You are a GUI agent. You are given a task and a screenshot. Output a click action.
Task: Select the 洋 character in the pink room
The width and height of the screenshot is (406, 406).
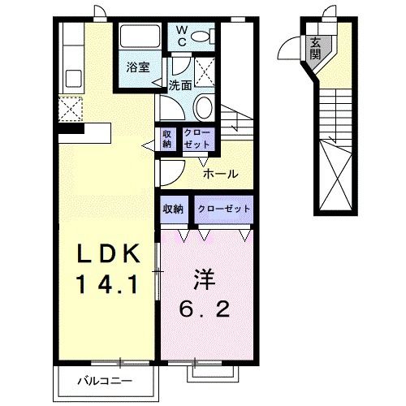[x=203, y=280]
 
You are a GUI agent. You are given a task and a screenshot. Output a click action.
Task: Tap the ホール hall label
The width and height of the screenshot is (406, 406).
[x=219, y=174]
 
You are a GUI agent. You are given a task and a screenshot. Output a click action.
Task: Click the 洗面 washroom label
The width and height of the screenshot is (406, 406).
[x=180, y=84]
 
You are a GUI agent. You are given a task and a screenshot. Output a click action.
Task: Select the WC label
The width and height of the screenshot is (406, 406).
[x=180, y=36]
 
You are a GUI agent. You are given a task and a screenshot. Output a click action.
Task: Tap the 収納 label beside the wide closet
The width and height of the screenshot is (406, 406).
[x=174, y=209]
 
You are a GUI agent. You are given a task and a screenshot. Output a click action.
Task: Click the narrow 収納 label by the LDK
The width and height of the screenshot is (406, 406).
[x=166, y=138]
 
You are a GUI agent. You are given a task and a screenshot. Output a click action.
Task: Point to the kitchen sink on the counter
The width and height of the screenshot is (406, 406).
[x=71, y=79]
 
